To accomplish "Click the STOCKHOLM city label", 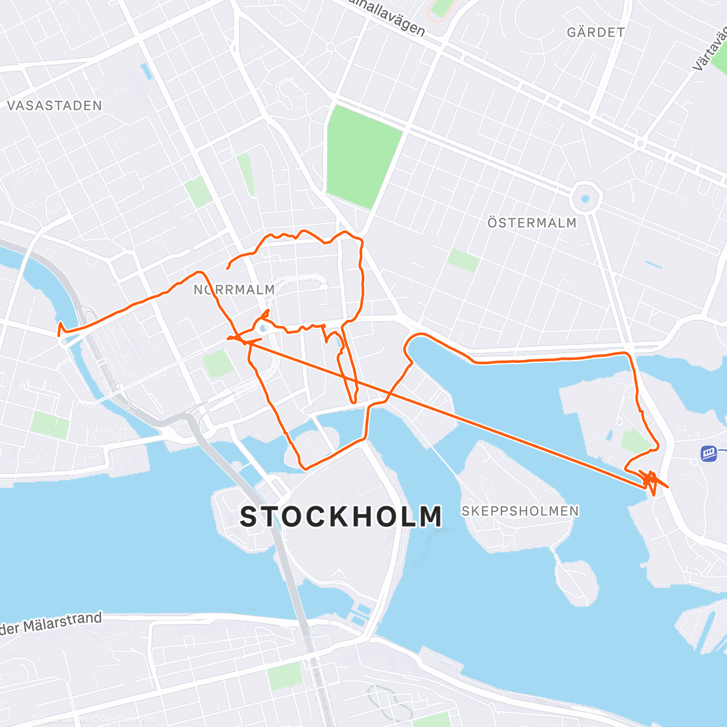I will point(341,517).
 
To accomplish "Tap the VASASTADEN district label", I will point(55,105).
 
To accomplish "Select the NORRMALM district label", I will point(234,290).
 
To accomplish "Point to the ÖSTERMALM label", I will point(532,223).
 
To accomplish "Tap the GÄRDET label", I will point(596,32).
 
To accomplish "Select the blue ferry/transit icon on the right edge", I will point(708,453).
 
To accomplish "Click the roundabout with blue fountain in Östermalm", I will point(585,198).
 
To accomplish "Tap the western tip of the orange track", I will point(59,330).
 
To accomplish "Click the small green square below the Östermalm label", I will point(463,261).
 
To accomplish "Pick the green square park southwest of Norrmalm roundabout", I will point(217,363).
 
